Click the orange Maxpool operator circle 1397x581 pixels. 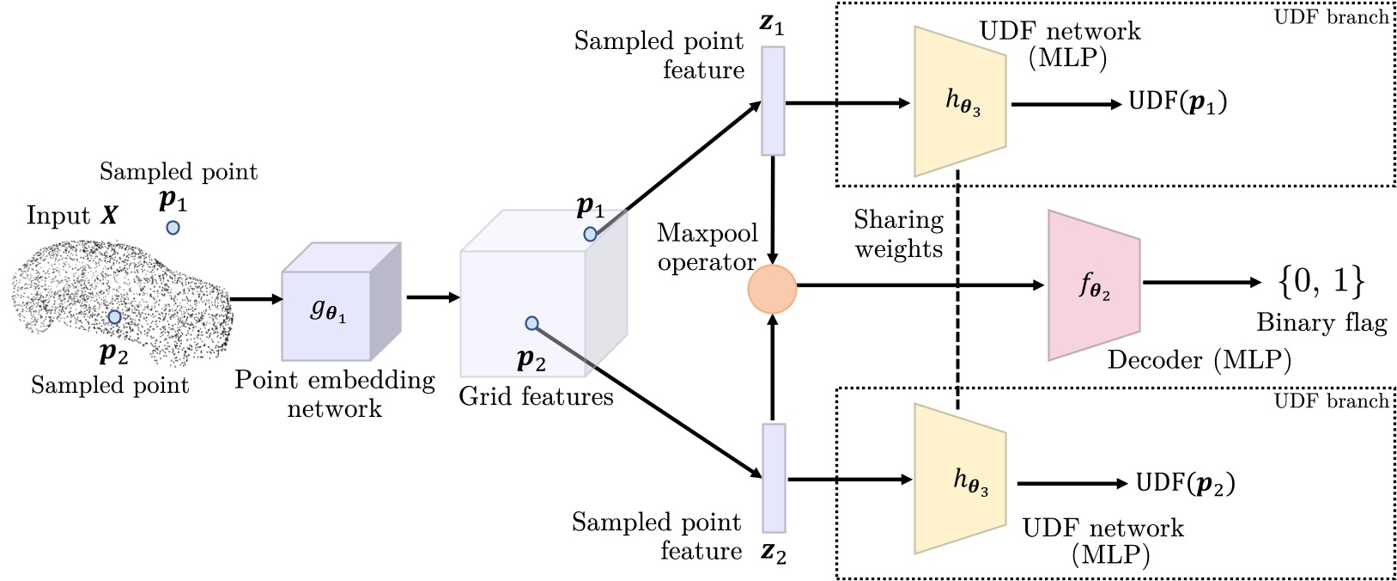tap(773, 288)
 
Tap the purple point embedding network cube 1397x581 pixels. tap(335, 305)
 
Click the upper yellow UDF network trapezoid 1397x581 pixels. tap(960, 101)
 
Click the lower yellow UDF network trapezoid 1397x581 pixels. tap(960, 479)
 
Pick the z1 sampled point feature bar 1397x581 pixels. tap(773, 101)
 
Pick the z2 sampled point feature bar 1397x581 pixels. tap(774, 478)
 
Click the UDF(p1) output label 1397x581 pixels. tap(1177, 102)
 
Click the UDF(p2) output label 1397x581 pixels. tap(1185, 483)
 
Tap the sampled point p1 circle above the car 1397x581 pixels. tap(173, 228)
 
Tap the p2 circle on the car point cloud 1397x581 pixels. tap(114, 317)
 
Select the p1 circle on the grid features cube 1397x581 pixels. tap(590, 234)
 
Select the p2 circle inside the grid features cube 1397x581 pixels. tap(531, 323)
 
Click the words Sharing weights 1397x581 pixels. tap(898, 235)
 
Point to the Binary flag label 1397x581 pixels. tap(1321, 323)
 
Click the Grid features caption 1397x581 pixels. tap(536, 396)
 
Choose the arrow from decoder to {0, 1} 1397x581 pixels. tap(1198, 282)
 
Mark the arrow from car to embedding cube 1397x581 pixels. tap(257, 299)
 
